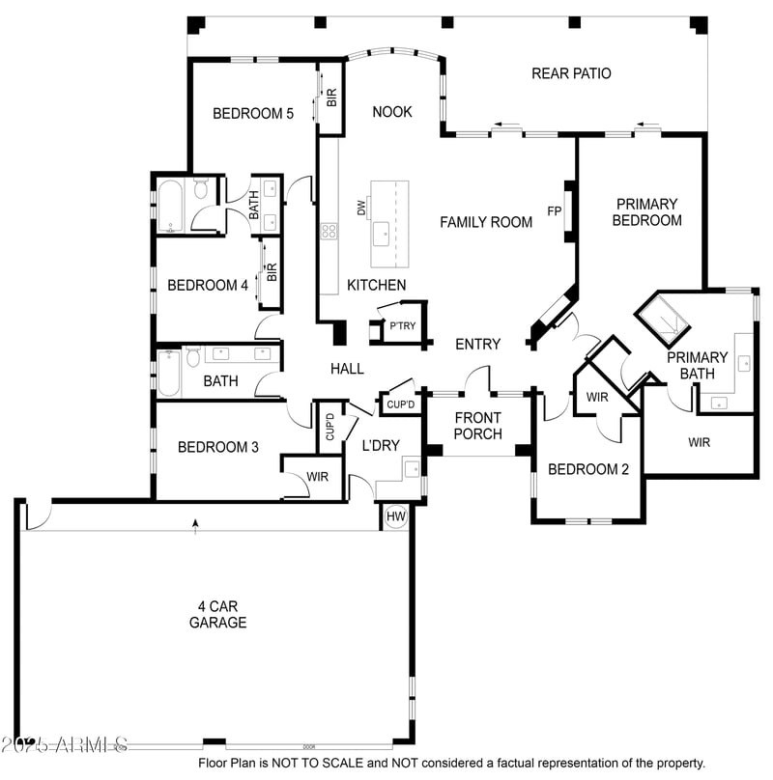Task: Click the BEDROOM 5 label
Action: tap(253, 113)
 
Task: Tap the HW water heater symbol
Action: tap(395, 516)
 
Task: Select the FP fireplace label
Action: tap(555, 210)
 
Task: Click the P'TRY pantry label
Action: tap(402, 325)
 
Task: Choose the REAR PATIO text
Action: tap(571, 73)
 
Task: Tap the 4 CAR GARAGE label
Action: tap(217, 614)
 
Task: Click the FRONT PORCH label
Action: tap(478, 426)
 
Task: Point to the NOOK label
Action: tap(392, 112)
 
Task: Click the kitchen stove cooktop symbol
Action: tap(329, 231)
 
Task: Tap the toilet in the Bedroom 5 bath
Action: tap(201, 188)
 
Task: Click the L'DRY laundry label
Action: tap(380, 446)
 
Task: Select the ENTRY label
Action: tap(478, 344)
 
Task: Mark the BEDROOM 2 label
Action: tap(588, 470)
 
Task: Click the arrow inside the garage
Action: tap(196, 525)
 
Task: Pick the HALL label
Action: tap(347, 368)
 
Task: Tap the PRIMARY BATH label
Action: tap(697, 365)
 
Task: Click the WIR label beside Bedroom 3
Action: tap(317, 477)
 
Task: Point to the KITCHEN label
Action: tap(377, 285)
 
